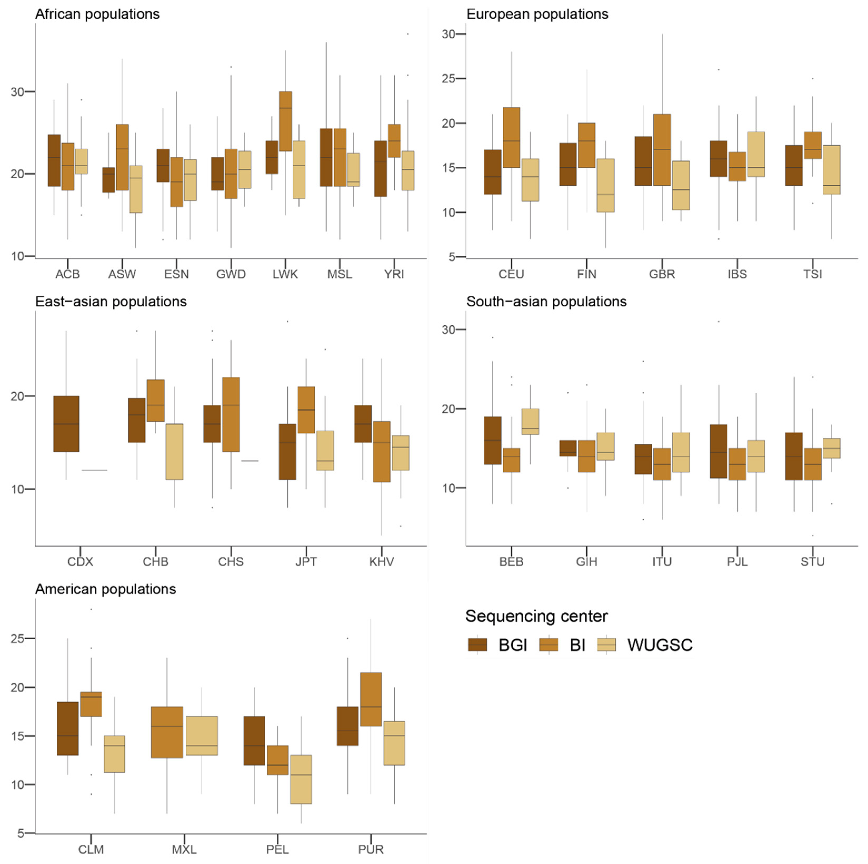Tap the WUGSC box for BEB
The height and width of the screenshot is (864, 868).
[x=530, y=421]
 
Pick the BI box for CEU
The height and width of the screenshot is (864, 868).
[x=511, y=137]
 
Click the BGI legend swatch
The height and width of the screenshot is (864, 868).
[x=477, y=645]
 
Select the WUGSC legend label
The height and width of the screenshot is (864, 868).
[x=660, y=645]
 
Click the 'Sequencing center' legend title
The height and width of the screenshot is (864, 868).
[x=536, y=616]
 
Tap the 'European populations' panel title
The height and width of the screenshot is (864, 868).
[x=537, y=14]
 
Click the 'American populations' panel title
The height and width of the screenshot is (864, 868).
[x=106, y=589]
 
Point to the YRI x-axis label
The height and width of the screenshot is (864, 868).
[x=394, y=274]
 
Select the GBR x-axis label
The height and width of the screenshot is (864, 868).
[x=662, y=274]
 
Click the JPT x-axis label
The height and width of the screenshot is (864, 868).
[x=306, y=561]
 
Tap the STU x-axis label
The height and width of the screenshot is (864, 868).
[x=812, y=561]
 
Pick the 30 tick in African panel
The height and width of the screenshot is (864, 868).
[x=18, y=92]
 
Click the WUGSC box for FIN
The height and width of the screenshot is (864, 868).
[x=605, y=185]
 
